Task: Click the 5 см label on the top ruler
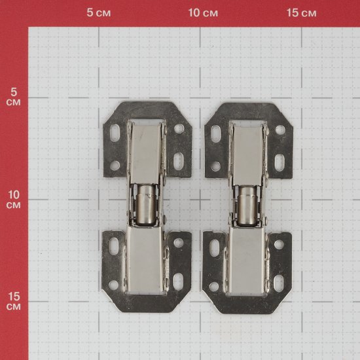99,12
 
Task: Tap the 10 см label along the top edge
203,12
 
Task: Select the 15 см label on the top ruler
302,12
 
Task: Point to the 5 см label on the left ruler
14,97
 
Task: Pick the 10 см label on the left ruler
14,200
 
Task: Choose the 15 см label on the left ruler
14,301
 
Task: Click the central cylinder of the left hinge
145,205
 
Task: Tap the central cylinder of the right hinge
247,206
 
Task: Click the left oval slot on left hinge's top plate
115,132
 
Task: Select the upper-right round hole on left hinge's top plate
179,128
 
